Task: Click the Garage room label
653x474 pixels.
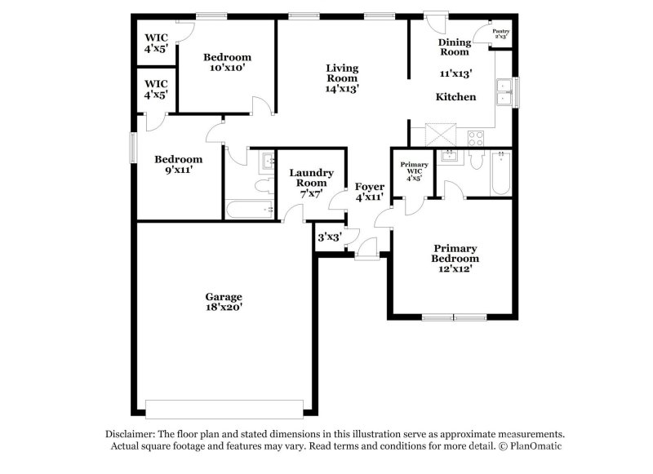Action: [x=224, y=297]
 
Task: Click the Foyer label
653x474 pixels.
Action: [x=369, y=187]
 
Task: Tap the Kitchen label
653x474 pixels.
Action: [x=455, y=97]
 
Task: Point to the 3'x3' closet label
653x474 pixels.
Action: [x=329, y=238]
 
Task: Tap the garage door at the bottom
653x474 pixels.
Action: [x=224, y=407]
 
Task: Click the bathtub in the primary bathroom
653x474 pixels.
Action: [x=500, y=174]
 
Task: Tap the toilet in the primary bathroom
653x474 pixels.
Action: [x=476, y=161]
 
